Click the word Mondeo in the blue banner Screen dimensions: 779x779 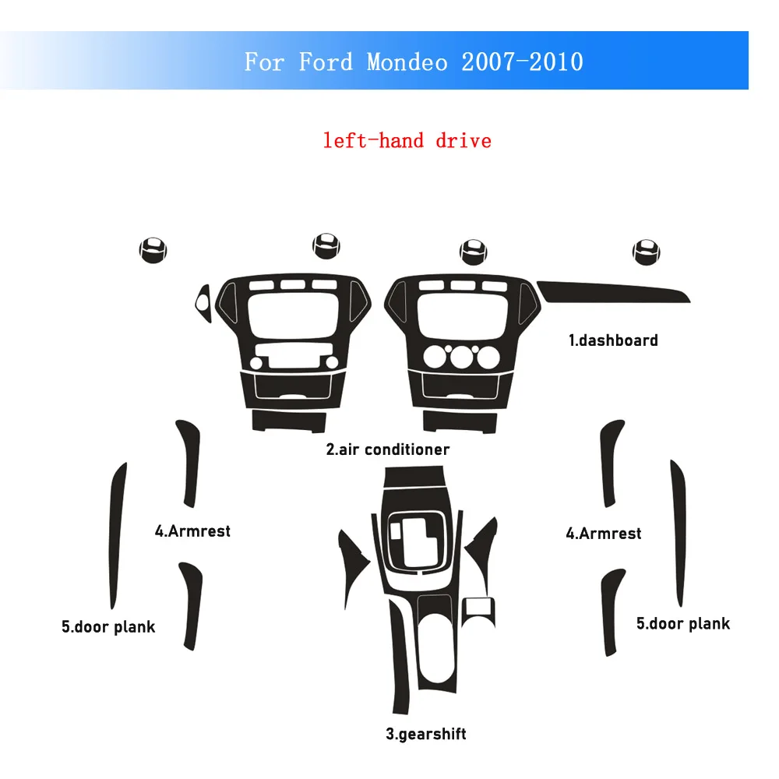[x=407, y=62]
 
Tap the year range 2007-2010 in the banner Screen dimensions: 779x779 [x=522, y=62]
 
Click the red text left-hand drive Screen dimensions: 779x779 [x=407, y=140]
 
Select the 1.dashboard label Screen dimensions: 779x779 [x=612, y=340]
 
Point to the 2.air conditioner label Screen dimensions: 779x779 [x=387, y=449]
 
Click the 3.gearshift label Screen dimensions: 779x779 [x=425, y=733]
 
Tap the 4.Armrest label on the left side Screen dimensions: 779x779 [x=192, y=531]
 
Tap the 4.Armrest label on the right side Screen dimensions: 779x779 [x=604, y=534]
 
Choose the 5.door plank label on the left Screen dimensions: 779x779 [x=108, y=626]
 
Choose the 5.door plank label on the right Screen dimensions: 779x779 [x=683, y=623]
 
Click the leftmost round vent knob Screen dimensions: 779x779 [x=153, y=249]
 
